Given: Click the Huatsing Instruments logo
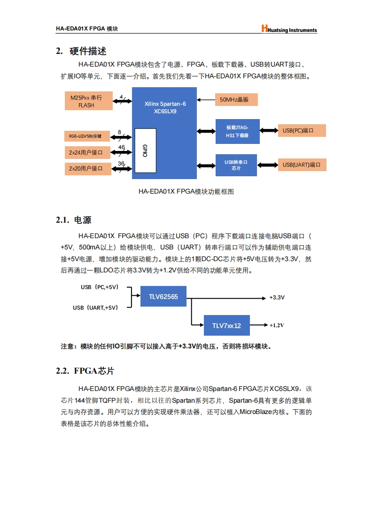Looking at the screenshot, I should click(289, 29).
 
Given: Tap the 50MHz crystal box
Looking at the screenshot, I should click(238, 99).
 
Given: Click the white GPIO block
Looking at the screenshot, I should click(145, 150).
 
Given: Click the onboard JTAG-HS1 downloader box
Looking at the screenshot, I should click(237, 131).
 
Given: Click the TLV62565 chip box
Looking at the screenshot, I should click(163, 296).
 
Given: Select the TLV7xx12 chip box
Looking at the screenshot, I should click(226, 325).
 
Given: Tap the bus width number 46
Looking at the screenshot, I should click(122, 147).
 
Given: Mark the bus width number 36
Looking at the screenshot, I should click(121, 163).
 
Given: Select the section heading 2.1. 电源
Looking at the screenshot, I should click(73, 220).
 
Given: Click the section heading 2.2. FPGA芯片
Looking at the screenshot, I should click(85, 371).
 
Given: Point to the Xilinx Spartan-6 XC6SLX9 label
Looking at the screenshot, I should click(165, 107).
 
